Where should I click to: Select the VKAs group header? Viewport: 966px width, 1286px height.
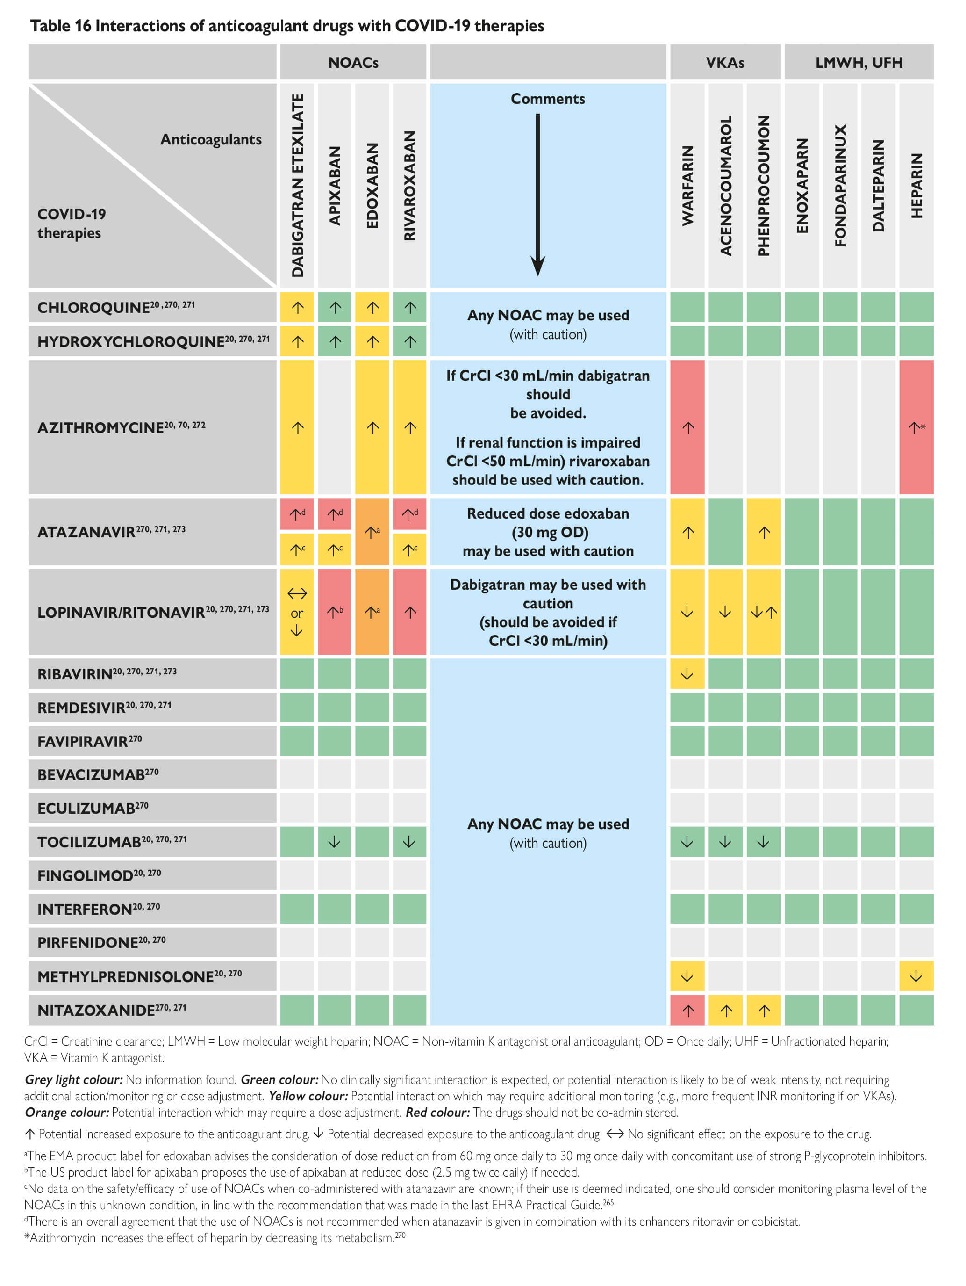pos(724,62)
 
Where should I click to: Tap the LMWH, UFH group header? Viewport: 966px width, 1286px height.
pos(858,62)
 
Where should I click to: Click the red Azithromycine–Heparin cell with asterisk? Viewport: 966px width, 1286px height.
pos(916,427)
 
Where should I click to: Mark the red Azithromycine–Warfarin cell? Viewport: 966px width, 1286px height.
pos(687,427)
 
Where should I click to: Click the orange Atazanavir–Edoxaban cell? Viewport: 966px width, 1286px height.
pos(372,531)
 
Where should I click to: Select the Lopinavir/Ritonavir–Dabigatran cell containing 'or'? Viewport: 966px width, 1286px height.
pos(297,612)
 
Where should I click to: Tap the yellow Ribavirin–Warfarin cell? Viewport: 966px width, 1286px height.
pos(687,674)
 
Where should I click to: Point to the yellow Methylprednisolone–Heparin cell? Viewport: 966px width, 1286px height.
pos(916,976)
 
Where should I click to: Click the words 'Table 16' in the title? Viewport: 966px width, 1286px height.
pos(60,26)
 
